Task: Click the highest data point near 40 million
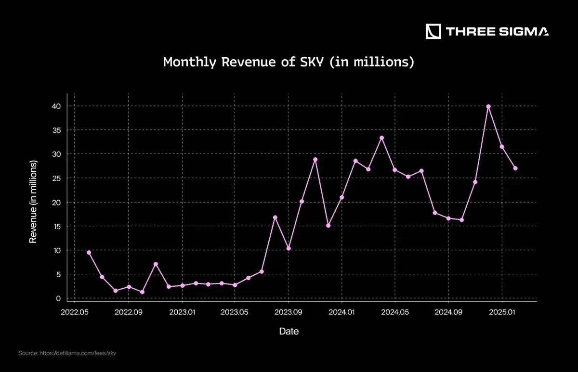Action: (488, 106)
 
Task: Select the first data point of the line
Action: (89, 252)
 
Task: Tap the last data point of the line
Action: (515, 168)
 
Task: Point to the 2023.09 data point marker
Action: (289, 248)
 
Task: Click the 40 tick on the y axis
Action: (57, 106)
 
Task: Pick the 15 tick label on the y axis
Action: (57, 226)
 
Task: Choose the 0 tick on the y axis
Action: (58, 298)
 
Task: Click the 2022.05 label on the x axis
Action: (75, 312)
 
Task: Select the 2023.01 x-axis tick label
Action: (182, 312)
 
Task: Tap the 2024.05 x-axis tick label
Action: (395, 312)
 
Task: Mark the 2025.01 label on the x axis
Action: (502, 312)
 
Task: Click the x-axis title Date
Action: (289, 331)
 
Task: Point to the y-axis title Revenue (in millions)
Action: (33, 202)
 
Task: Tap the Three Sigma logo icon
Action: (433, 32)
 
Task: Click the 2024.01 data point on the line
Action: (342, 197)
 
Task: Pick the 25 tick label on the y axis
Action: (57, 178)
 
